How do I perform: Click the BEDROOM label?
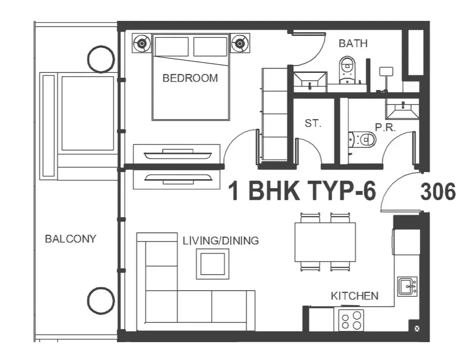(190, 78)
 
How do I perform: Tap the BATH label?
(353, 44)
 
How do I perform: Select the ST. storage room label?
(313, 123)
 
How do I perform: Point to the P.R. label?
(386, 127)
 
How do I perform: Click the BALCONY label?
(71, 239)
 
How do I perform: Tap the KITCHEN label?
(355, 296)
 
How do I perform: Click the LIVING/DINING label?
(221, 241)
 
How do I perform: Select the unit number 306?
(438, 191)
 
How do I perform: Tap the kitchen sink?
(408, 287)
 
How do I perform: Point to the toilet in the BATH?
(347, 70)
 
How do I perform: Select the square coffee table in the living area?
(213, 264)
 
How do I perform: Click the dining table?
(325, 242)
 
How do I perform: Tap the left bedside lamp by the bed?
(142, 44)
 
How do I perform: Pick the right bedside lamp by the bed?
(240, 44)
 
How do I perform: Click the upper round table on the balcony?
(101, 59)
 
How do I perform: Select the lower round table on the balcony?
(101, 301)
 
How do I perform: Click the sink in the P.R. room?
(402, 109)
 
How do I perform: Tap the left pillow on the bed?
(172, 46)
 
